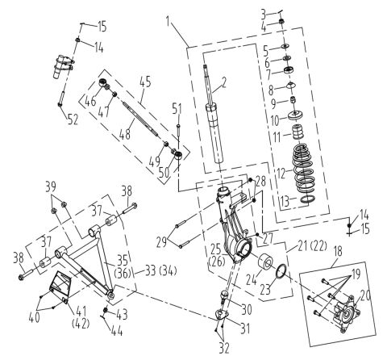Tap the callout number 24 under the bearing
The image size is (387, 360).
250,283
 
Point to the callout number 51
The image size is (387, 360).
177,108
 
